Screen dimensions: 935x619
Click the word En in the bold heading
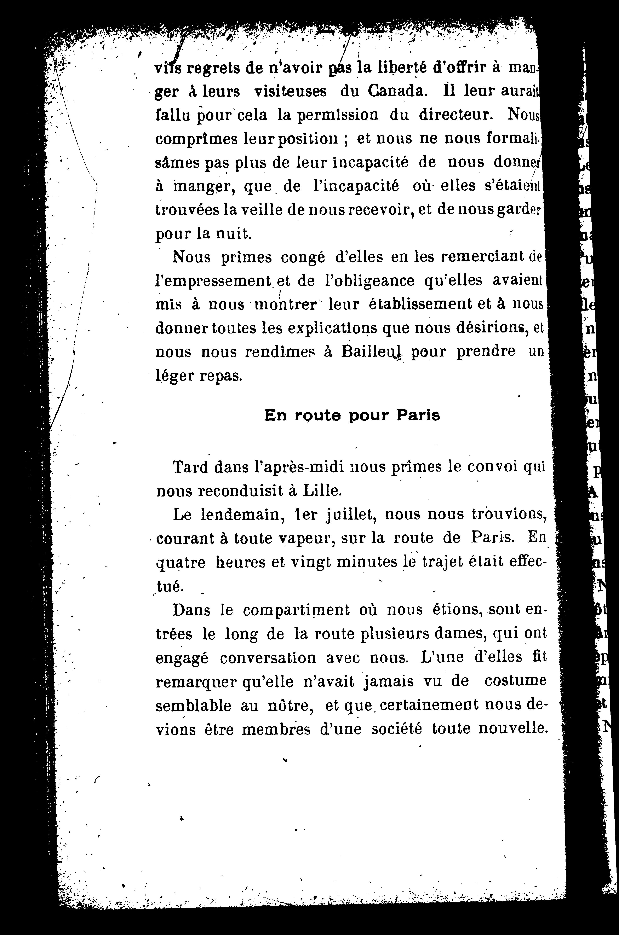[x=276, y=416]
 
